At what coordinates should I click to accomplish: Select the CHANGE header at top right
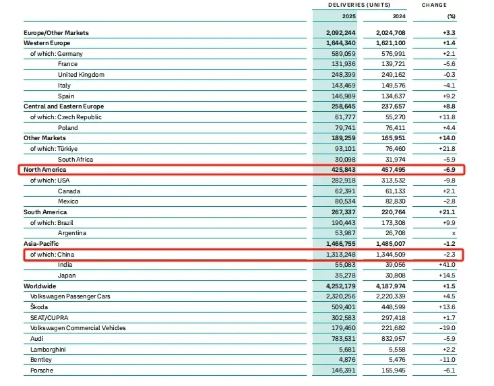pyautogui.click(x=434, y=5)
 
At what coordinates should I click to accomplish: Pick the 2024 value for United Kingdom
pyautogui.click(x=386, y=74)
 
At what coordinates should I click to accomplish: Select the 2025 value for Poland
pyautogui.click(x=341, y=127)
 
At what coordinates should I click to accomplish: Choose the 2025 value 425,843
pyautogui.click(x=339, y=170)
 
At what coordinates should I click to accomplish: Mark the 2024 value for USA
pyautogui.click(x=386, y=181)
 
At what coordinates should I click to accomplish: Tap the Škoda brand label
pyautogui.click(x=40, y=307)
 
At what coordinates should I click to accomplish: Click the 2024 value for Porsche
pyautogui.click(x=386, y=371)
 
